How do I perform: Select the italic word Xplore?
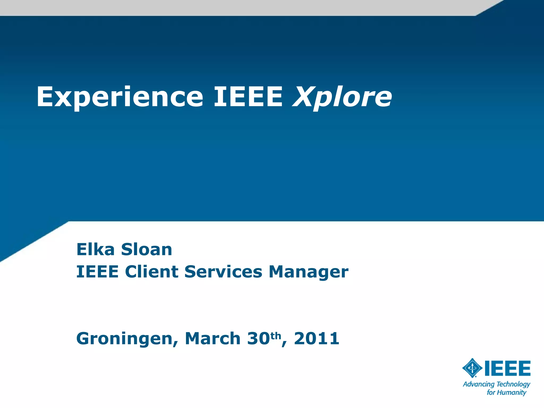point(342,97)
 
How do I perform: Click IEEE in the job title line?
point(97,272)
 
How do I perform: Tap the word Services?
point(223,272)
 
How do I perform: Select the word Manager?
point(308,272)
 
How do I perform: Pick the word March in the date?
point(213,339)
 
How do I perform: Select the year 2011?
point(317,339)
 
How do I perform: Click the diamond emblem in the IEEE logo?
point(472,368)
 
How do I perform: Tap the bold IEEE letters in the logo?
point(508,368)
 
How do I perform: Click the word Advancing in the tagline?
point(479,384)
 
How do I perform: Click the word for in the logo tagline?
point(491,393)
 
